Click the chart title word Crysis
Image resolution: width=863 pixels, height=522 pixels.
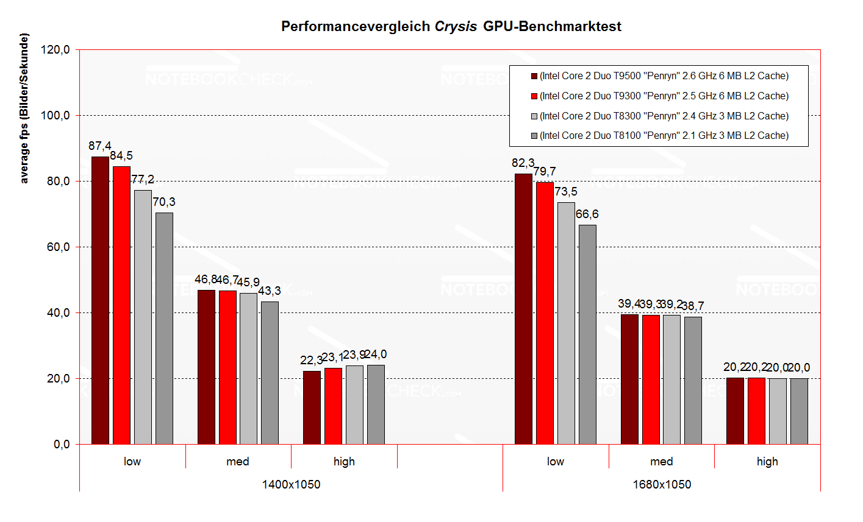(x=456, y=26)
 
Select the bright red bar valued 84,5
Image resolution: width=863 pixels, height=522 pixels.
(x=121, y=305)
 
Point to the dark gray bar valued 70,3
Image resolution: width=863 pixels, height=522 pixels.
(x=164, y=328)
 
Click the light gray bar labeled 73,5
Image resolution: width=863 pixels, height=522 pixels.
(x=566, y=323)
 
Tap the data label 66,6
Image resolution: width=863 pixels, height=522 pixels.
(x=587, y=214)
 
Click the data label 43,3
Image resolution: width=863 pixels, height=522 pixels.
(x=269, y=291)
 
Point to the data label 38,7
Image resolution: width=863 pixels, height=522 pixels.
(x=692, y=306)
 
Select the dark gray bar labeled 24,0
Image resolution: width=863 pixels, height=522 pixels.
(x=376, y=404)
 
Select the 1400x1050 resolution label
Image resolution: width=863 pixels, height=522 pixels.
(x=291, y=485)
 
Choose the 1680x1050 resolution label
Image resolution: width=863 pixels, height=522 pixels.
(x=662, y=485)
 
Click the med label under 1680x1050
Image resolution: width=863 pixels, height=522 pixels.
(x=662, y=462)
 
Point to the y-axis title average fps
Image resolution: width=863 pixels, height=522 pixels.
(x=24, y=109)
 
